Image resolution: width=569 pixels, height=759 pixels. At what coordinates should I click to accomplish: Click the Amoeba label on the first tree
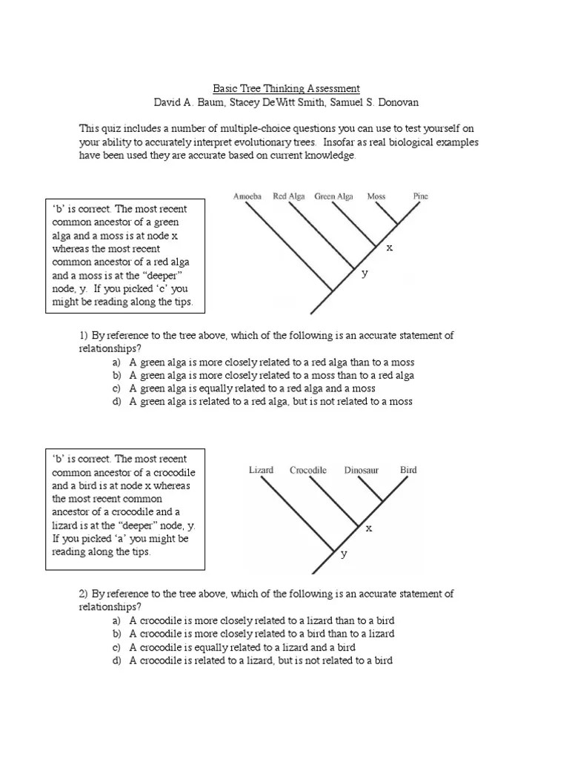click(247, 196)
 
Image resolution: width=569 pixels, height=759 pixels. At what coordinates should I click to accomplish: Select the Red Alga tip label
click(289, 196)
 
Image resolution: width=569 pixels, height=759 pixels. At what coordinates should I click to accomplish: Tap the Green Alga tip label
click(333, 196)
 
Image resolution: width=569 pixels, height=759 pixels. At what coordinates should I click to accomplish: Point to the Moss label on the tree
click(376, 196)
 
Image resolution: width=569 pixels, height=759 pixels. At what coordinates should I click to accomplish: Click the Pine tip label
click(420, 196)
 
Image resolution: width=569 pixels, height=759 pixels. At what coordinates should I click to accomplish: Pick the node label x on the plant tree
click(389, 248)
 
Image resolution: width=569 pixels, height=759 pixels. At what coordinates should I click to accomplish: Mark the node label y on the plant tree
click(364, 274)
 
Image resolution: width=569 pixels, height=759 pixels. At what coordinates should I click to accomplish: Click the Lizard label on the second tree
click(261, 470)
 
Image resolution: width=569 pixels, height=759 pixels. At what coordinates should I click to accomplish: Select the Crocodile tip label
click(308, 470)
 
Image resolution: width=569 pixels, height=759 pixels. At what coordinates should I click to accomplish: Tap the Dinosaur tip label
click(362, 470)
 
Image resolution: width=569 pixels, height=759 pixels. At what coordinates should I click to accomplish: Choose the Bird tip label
click(408, 470)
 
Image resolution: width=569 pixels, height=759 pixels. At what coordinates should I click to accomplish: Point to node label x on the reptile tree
click(368, 528)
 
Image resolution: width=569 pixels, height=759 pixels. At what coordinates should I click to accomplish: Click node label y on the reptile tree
click(344, 554)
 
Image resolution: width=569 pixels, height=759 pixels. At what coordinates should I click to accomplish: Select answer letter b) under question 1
click(116, 376)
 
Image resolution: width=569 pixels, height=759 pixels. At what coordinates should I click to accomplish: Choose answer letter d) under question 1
click(116, 402)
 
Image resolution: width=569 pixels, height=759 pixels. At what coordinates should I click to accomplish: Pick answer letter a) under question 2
click(116, 620)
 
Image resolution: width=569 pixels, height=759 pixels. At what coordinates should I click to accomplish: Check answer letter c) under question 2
click(116, 647)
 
